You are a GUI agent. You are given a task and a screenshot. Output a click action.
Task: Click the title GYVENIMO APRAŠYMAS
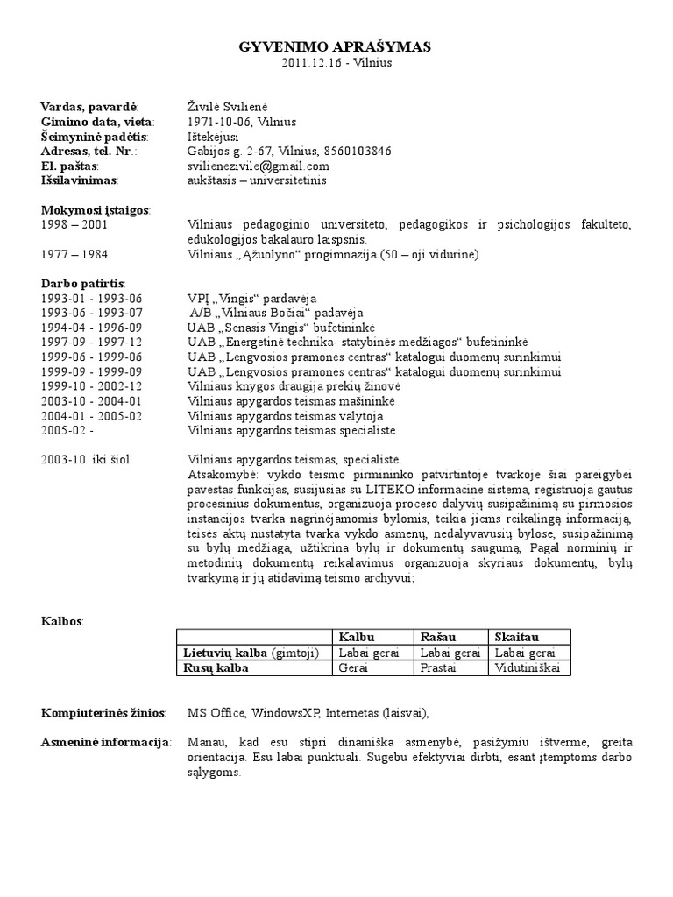click(335, 48)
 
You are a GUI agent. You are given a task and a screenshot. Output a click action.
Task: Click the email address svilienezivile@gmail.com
click(259, 166)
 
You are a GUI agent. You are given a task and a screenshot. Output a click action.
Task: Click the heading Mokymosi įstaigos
click(96, 210)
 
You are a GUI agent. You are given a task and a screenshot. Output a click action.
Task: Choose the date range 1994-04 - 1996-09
click(91, 328)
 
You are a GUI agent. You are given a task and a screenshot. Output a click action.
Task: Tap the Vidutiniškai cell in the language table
click(529, 667)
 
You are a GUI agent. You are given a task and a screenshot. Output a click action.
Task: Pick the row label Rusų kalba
click(216, 667)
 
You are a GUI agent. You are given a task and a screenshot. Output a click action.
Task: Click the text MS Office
click(214, 712)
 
